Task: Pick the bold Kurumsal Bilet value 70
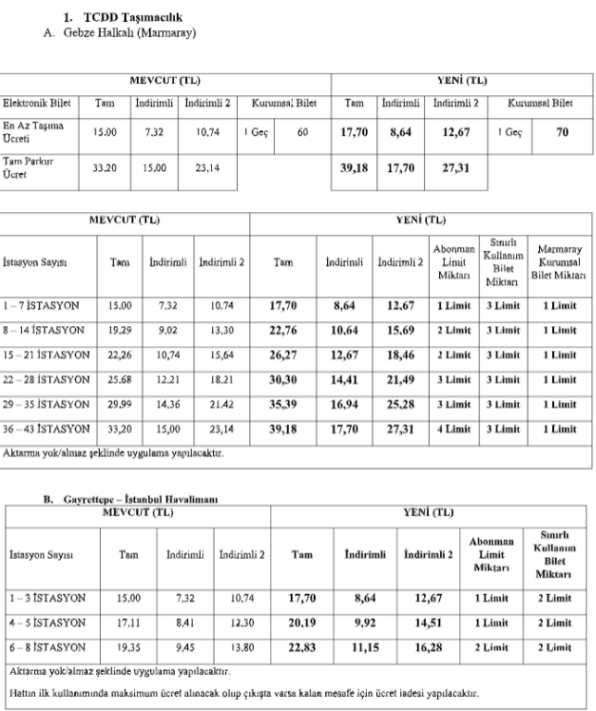click(563, 132)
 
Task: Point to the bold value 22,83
click(301, 645)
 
